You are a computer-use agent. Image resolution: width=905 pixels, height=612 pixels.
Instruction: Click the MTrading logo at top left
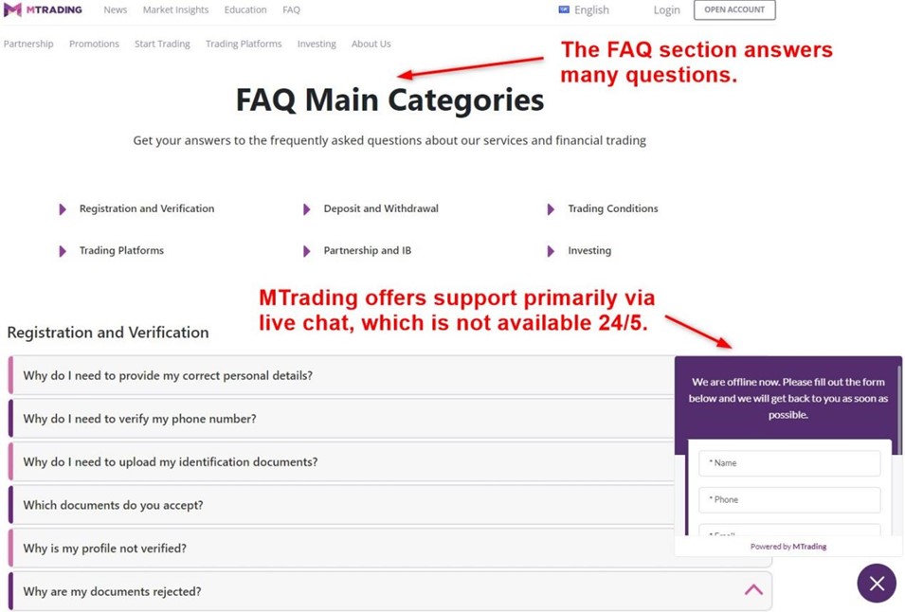(43, 9)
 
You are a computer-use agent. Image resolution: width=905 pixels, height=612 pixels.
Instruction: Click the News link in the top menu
(115, 9)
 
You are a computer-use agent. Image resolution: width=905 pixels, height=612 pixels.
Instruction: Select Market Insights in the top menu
(175, 9)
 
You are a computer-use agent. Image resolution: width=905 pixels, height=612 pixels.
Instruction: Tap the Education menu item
(245, 9)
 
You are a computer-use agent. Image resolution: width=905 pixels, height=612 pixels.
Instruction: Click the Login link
(666, 9)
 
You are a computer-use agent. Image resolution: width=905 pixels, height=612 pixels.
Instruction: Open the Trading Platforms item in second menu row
(244, 44)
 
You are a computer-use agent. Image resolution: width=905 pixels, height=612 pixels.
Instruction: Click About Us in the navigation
(371, 44)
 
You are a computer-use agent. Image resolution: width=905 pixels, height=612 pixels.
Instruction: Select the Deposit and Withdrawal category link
(380, 208)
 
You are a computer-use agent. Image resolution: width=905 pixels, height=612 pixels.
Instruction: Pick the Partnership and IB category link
(367, 251)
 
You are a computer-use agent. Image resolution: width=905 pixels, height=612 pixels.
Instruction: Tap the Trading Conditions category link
(612, 208)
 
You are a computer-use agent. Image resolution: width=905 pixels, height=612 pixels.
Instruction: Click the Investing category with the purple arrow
(588, 251)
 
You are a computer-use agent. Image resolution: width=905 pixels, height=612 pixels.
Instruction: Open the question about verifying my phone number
(139, 419)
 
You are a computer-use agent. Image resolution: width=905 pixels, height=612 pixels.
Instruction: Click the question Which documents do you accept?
(113, 505)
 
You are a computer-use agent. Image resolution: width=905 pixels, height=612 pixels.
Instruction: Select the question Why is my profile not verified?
(104, 549)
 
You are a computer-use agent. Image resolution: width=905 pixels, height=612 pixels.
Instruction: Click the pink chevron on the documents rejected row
(753, 590)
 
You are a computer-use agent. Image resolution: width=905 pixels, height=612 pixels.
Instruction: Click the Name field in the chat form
(789, 463)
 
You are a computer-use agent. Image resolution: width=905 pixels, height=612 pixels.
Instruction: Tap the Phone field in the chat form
(789, 499)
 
